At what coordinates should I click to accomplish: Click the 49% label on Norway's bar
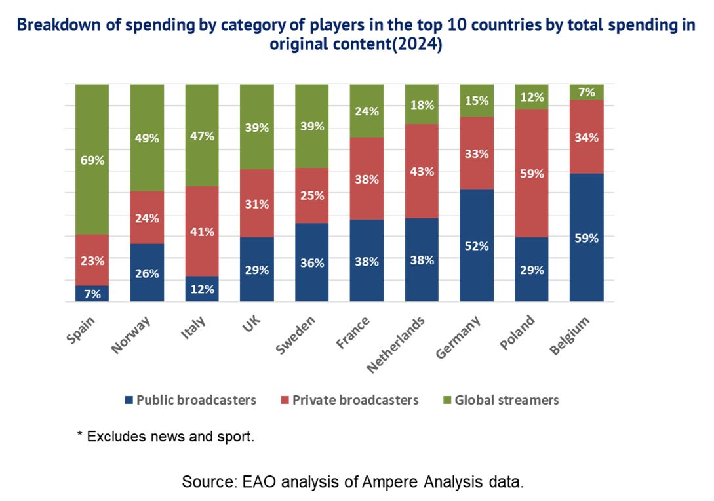point(148,138)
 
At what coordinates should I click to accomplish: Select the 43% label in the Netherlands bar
point(422,172)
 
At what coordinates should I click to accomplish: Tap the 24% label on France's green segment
point(367,111)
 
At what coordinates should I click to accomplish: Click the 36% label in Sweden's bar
point(312,263)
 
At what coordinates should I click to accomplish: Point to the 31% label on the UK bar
point(257,205)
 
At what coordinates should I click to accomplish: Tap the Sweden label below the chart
point(297,334)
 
